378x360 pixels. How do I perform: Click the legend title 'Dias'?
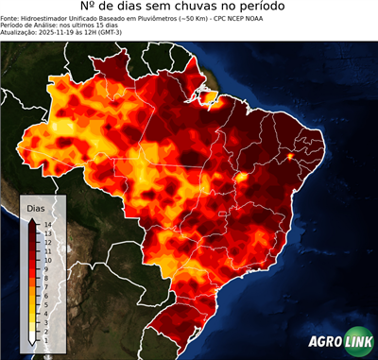pyautogui.click(x=36, y=207)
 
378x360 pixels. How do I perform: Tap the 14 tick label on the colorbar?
pyautogui.click(x=46, y=225)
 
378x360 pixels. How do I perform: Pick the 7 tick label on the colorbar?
pyautogui.click(x=46, y=280)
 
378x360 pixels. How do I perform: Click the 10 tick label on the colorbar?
pyautogui.click(x=46, y=256)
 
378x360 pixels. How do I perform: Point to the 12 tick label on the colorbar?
pyautogui.click(x=46, y=241)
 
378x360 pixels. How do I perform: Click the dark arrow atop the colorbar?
pyautogui.click(x=32, y=221)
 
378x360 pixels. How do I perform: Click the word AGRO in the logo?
pyautogui.click(x=323, y=343)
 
